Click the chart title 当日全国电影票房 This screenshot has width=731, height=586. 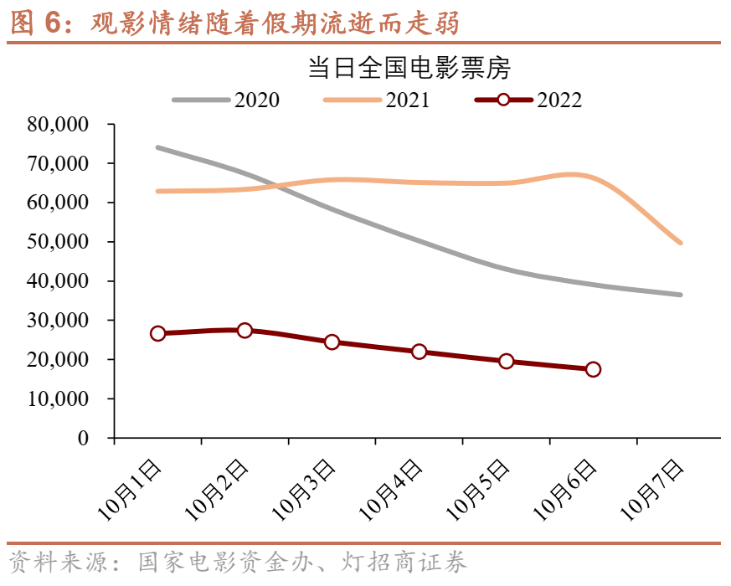pyautogui.click(x=409, y=68)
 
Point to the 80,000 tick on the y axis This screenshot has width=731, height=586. pyautogui.click(x=59, y=125)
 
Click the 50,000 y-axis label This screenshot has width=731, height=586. pyautogui.click(x=59, y=242)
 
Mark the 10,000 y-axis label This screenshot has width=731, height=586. pyautogui.click(x=59, y=398)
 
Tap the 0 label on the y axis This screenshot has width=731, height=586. pyautogui.click(x=83, y=438)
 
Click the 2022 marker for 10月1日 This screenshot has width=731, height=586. pyautogui.click(x=157, y=333)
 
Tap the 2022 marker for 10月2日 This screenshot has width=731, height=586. pyautogui.click(x=245, y=330)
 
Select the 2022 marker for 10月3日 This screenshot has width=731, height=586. pyautogui.click(x=332, y=342)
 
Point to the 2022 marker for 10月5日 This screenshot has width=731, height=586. pyautogui.click(x=506, y=361)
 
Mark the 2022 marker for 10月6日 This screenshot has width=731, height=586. pyautogui.click(x=593, y=369)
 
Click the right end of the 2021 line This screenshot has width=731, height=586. pyautogui.click(x=681, y=243)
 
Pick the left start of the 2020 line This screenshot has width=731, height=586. pyautogui.click(x=157, y=147)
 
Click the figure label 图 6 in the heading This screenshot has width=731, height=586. pyautogui.click(x=34, y=23)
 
